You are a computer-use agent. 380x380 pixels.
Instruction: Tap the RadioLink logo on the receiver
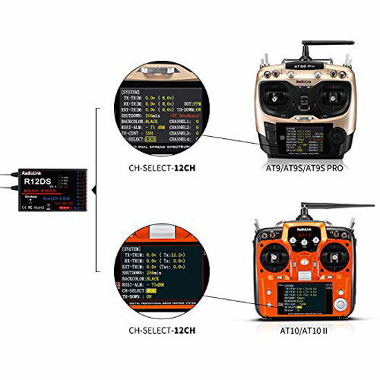[30, 173]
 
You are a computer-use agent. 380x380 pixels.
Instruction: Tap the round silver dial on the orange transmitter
[339, 305]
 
